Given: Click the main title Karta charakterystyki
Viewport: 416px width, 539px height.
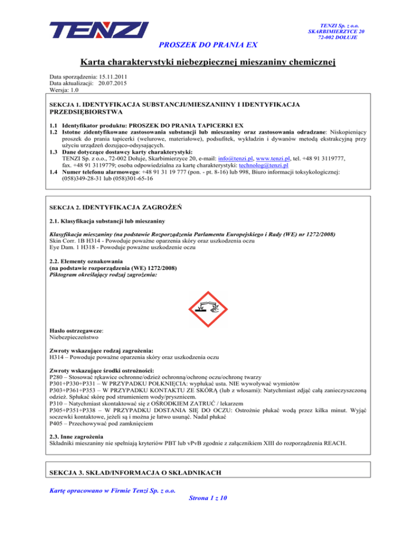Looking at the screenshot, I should coord(208,63).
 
